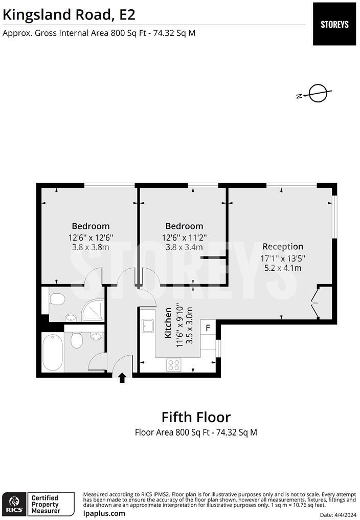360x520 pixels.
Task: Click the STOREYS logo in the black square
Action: [334, 24]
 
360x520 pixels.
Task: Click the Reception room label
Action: [283, 246]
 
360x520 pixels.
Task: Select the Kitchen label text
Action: [168, 322]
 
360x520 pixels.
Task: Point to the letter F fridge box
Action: [208, 328]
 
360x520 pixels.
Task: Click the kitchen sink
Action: [147, 326]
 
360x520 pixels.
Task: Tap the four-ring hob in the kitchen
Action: [174, 365]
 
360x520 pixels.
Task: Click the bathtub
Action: [52, 352]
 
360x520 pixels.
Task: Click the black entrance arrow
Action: [122, 378]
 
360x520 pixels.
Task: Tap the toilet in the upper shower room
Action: [56, 299]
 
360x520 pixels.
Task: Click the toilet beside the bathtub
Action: [77, 340]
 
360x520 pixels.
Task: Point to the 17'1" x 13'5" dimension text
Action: [283, 258]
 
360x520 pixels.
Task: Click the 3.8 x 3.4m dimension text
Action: [184, 247]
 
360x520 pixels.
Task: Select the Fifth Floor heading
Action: [196, 417]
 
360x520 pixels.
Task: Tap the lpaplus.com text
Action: [104, 514]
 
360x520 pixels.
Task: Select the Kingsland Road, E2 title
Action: [69, 15]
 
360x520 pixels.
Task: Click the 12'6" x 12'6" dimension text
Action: [91, 237]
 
